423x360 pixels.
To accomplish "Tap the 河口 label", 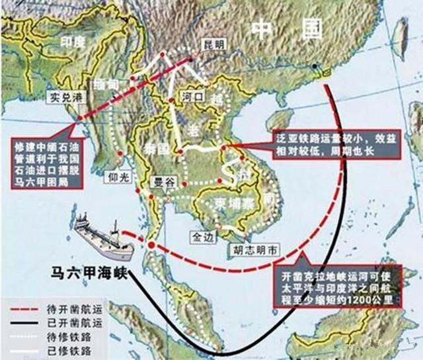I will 192,95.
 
